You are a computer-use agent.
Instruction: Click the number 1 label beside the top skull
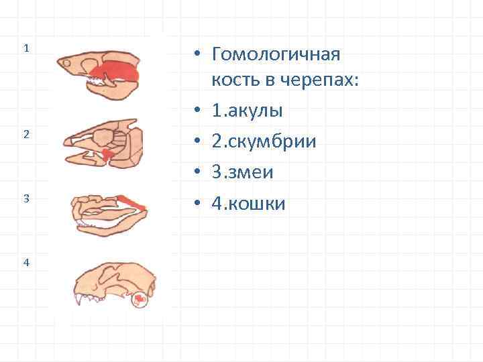click(25, 48)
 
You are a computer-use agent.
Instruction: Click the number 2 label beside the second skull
click(25, 134)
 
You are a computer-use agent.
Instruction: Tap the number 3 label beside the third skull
click(25, 198)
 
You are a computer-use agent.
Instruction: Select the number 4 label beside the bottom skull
click(25, 262)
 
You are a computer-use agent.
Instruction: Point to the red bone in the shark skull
click(115, 70)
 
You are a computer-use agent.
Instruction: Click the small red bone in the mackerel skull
click(107, 155)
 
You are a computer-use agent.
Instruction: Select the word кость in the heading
click(235, 80)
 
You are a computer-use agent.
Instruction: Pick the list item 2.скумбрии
click(263, 141)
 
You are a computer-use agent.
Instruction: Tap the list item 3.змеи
click(241, 172)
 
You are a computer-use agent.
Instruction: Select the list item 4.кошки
click(248, 203)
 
